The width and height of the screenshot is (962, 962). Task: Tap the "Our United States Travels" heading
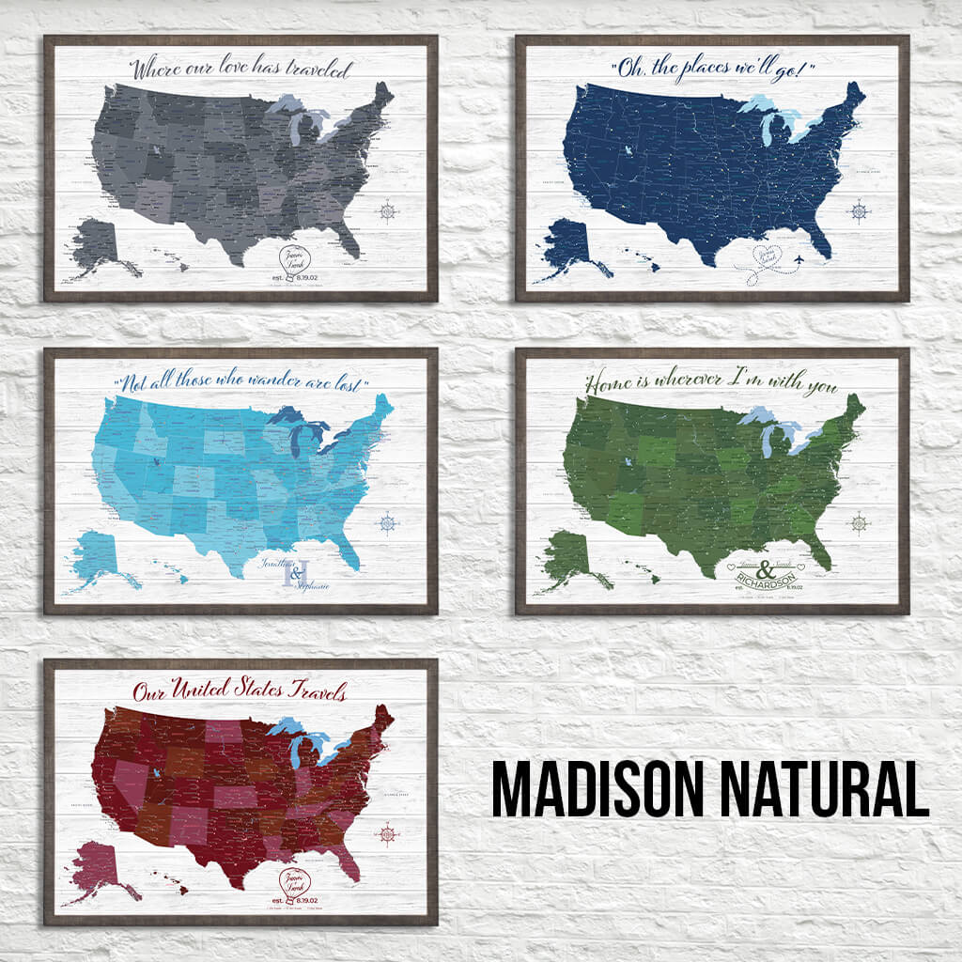(x=240, y=692)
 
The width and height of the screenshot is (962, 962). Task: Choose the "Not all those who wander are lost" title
(x=240, y=383)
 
